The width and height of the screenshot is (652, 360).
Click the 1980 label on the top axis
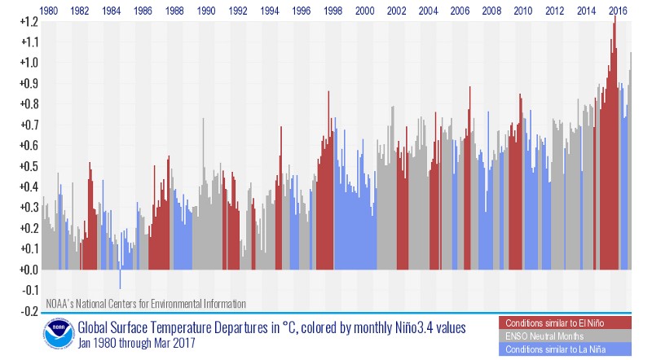click(x=48, y=11)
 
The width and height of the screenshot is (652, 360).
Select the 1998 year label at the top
click(x=333, y=11)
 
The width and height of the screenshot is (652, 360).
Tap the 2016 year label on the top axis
click(x=619, y=11)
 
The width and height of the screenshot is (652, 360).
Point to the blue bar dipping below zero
click(x=121, y=278)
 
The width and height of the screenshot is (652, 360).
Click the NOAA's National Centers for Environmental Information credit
click(x=145, y=304)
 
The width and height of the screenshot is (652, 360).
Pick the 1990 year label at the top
click(x=206, y=11)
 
